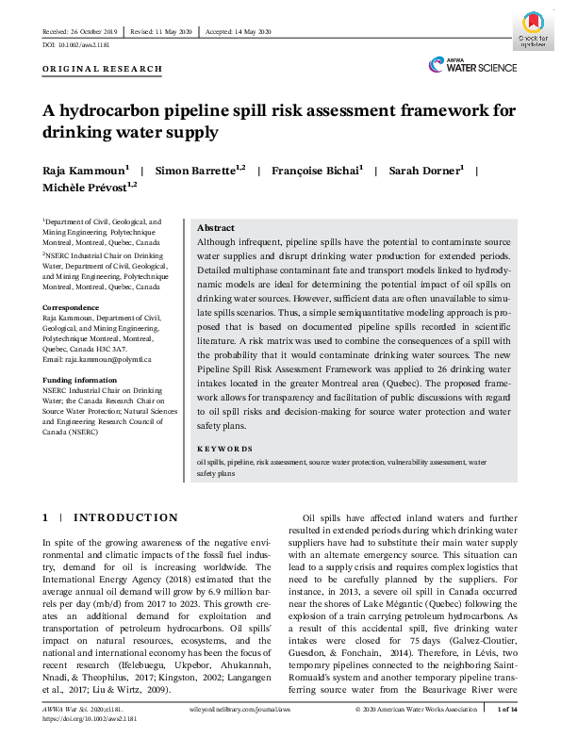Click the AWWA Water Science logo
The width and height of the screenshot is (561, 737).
(x=472, y=65)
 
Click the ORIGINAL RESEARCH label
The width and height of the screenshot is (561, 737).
(x=103, y=69)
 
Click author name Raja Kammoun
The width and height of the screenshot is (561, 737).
(x=82, y=171)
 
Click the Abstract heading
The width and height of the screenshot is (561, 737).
(x=215, y=228)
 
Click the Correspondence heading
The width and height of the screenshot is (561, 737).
(x=72, y=308)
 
